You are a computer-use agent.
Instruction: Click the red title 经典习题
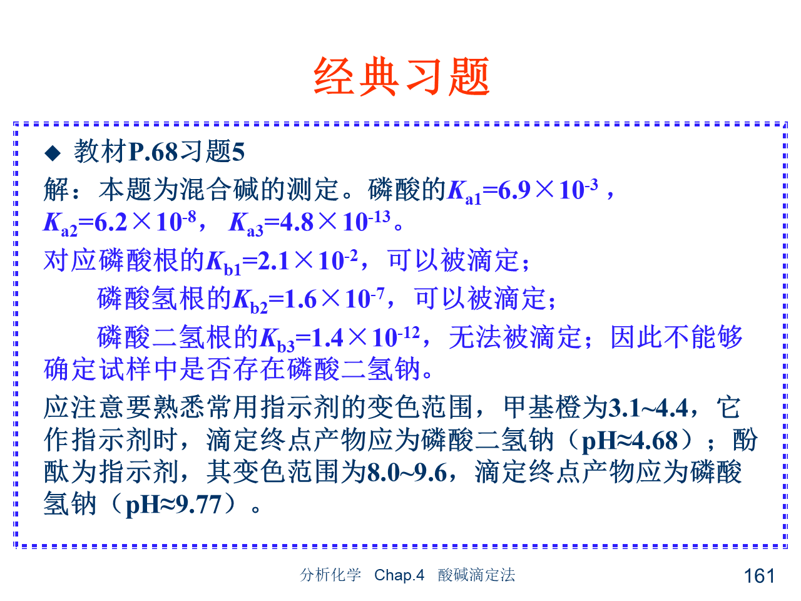click(x=400, y=76)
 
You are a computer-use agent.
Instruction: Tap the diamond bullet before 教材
click(x=53, y=153)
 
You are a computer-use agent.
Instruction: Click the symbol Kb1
click(x=223, y=262)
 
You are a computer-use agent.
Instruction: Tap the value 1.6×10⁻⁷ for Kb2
click(x=334, y=299)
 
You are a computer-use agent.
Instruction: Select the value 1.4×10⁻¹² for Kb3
click(x=365, y=337)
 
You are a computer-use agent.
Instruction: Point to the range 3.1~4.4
click(x=647, y=408)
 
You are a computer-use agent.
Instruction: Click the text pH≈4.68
click(x=630, y=441)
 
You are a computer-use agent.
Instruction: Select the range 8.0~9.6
click(x=407, y=473)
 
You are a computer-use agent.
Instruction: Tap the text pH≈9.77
click(x=173, y=505)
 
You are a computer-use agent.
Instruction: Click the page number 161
click(x=759, y=576)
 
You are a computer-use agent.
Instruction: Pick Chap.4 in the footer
click(x=399, y=575)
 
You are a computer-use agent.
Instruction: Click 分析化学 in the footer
click(x=330, y=575)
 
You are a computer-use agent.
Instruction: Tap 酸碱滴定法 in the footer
click(x=476, y=575)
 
